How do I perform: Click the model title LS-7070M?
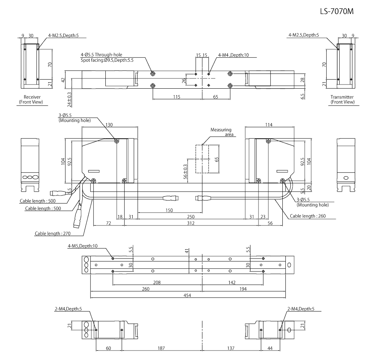[337, 12]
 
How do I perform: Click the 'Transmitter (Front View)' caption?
[342, 100]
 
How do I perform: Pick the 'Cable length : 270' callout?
[51, 233]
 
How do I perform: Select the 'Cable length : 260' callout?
[307, 216]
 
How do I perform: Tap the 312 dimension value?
[191, 224]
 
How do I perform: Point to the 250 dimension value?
[191, 216]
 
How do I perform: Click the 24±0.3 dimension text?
[69, 99]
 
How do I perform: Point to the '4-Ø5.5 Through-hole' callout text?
[101, 55]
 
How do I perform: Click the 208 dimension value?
[157, 282]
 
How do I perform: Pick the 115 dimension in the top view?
[177, 97]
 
